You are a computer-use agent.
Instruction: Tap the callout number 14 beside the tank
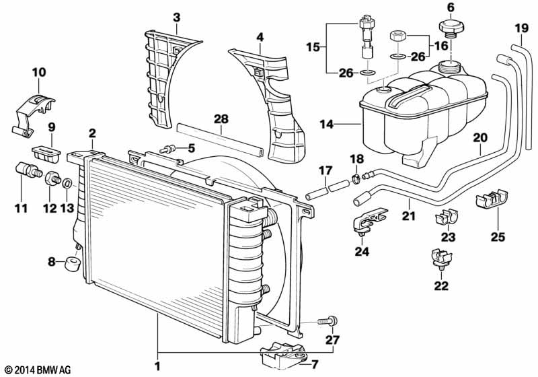coord(326,124)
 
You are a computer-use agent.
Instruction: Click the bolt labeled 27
coord(328,321)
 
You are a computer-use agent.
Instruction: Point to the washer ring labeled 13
coord(67,183)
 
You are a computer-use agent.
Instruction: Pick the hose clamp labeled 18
coord(356,178)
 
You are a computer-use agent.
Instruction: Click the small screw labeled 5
coord(167,149)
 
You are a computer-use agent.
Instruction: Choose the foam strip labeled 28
coord(220,140)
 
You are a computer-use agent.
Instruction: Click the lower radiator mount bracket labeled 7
coord(284,355)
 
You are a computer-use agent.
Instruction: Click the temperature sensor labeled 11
coord(29,170)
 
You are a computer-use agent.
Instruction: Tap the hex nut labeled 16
coord(399,36)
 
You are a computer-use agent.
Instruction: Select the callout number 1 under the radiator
coord(157,366)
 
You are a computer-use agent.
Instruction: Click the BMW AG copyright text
coord(36,370)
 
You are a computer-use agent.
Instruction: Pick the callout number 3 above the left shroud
coord(176,18)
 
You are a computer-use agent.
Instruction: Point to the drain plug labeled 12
coord(52,178)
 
